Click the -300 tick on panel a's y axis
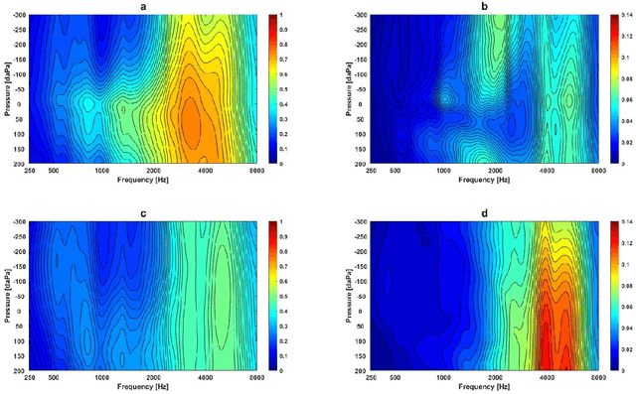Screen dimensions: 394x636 [19, 17]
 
